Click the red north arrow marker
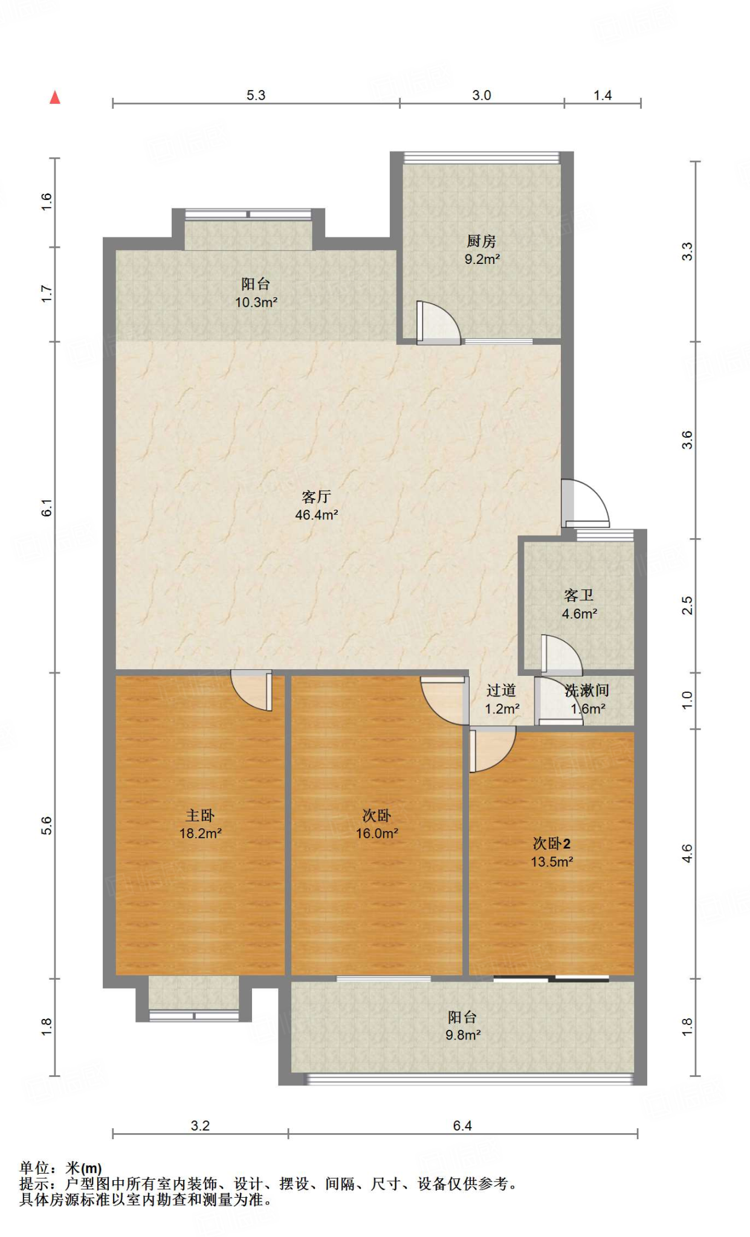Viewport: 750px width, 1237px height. click(x=55, y=97)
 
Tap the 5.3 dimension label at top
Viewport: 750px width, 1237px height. click(x=256, y=95)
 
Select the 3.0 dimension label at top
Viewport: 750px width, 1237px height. click(x=482, y=95)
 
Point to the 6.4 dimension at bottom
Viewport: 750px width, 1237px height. click(x=462, y=1125)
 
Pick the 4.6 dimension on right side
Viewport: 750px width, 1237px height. click(x=687, y=853)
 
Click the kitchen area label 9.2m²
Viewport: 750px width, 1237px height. click(x=482, y=260)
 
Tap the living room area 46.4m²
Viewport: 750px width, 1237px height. click(x=316, y=515)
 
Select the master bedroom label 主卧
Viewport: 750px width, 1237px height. click(x=200, y=815)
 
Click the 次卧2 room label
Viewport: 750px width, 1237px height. click(x=551, y=844)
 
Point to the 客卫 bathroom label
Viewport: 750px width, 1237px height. click(x=579, y=596)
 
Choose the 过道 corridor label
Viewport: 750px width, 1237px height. click(x=501, y=690)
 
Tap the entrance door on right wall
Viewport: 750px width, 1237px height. click(x=583, y=503)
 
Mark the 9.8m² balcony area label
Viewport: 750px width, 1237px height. click(x=463, y=1035)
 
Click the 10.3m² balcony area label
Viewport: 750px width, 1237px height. click(x=256, y=302)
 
